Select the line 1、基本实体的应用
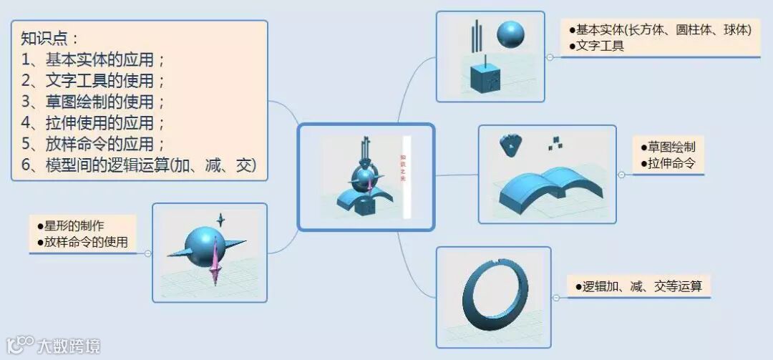point(94,59)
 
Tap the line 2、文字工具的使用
point(94,80)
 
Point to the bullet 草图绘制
point(669,147)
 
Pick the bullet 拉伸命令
point(669,163)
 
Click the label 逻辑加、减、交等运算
point(638,286)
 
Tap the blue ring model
point(493,297)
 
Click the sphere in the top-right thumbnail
point(511,34)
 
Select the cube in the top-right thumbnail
point(485,77)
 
